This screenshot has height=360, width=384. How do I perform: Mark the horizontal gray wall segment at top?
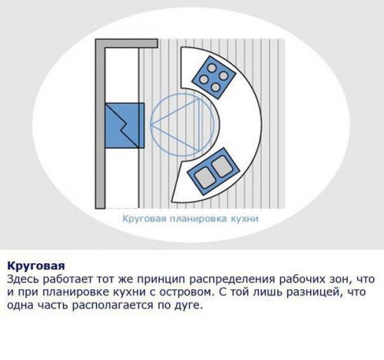pos(116,47)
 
